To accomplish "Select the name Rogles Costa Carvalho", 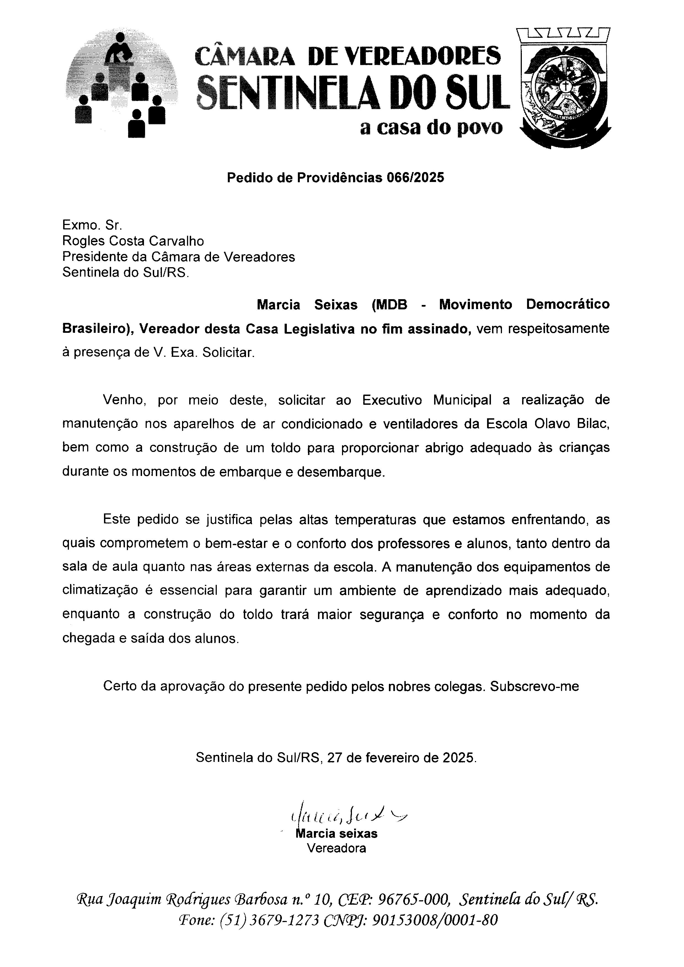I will (133, 241).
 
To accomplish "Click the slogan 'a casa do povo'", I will (431, 127).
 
